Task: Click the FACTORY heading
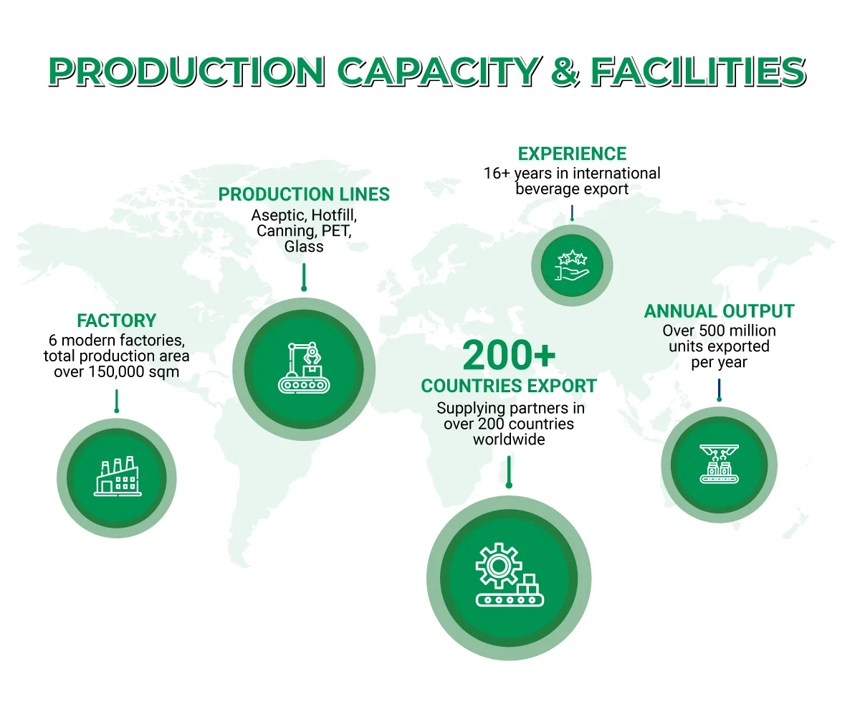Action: click(116, 320)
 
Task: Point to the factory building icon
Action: click(116, 476)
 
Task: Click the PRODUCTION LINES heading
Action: click(304, 194)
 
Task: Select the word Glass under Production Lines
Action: click(304, 247)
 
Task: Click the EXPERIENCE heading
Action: click(572, 154)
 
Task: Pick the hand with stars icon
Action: click(572, 265)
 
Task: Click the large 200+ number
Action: click(509, 354)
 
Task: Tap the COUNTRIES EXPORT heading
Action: click(509, 386)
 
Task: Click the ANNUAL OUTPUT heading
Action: click(719, 311)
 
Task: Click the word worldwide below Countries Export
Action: click(509, 439)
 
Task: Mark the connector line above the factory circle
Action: click(116, 402)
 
